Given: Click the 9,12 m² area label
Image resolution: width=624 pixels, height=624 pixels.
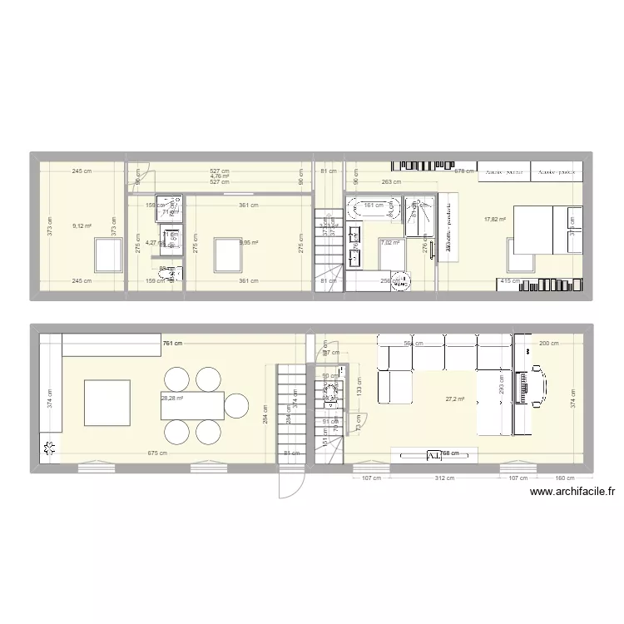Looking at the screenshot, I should (81, 225).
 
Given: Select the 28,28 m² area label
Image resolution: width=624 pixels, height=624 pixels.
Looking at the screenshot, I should (172, 399).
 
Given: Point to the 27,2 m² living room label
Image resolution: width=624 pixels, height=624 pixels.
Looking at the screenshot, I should (455, 399).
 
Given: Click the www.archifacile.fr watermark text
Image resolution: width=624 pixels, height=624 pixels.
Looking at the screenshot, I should (572, 492).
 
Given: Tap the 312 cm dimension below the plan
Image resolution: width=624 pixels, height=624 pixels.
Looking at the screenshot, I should (443, 479).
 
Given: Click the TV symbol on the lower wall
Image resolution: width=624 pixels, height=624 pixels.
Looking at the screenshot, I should (434, 455).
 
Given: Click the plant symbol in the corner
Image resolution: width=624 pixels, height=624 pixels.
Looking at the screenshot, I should (50, 450).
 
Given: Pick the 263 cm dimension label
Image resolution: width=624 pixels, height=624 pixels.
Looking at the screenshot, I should (391, 182).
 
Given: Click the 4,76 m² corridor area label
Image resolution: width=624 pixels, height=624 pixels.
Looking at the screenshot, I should (220, 176).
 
